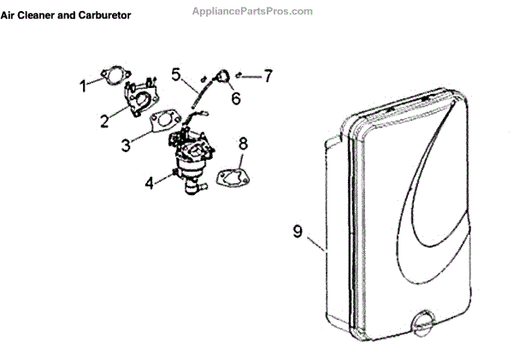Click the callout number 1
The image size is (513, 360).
pyautogui.click(x=84, y=86)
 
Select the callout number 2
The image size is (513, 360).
pyautogui.click(x=103, y=121)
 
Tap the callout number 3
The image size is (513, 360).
pyautogui.click(x=125, y=145)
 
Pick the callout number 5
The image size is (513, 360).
pyautogui.click(x=175, y=74)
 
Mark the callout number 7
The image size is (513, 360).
pyautogui.click(x=268, y=76)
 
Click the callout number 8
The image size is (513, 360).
pyautogui.click(x=243, y=143)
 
